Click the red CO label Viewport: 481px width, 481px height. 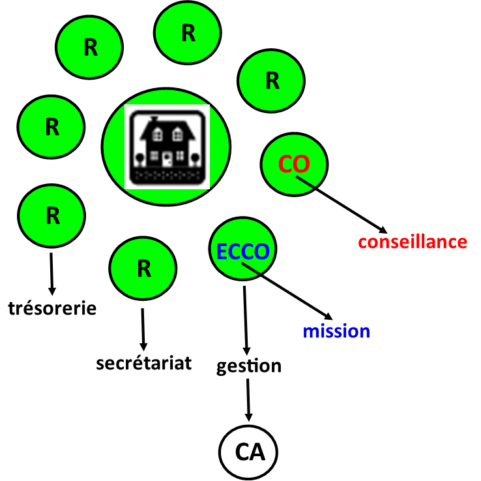(x=293, y=164)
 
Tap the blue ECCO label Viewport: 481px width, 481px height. (x=242, y=252)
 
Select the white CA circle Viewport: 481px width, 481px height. (x=248, y=452)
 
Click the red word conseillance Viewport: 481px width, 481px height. (x=413, y=242)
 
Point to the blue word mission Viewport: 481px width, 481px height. (x=336, y=332)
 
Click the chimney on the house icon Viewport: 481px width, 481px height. (x=154, y=119)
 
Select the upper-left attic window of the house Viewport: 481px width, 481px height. (x=157, y=135)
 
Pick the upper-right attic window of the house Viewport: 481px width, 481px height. (x=177, y=135)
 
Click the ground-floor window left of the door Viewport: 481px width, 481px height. (x=154, y=157)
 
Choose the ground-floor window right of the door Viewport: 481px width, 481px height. (x=180, y=157)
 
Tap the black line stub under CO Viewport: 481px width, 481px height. (x=305, y=182)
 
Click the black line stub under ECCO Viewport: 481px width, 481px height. (x=250, y=268)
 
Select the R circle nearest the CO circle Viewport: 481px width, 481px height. (x=271, y=81)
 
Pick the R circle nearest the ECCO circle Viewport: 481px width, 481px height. (x=143, y=268)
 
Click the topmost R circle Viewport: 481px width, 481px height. (x=188, y=33)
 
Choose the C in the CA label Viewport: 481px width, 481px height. (x=242, y=452)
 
